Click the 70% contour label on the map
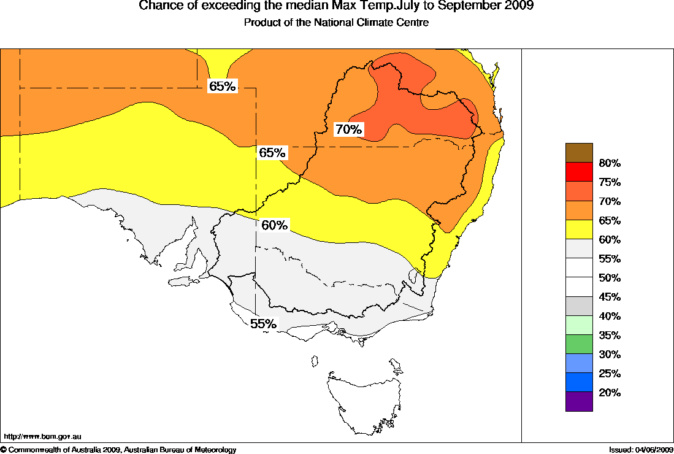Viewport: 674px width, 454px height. pyautogui.click(x=349, y=129)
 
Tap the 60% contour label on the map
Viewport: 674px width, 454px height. pyautogui.click(x=274, y=225)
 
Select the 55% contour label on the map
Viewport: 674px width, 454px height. pyautogui.click(x=263, y=323)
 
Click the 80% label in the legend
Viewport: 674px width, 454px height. pyautogui.click(x=610, y=163)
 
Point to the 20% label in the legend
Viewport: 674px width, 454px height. pyautogui.click(x=610, y=393)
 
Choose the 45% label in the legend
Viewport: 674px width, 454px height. pyautogui.click(x=610, y=297)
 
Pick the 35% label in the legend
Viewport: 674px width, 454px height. pyautogui.click(x=610, y=336)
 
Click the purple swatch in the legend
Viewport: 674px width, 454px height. pyautogui.click(x=579, y=401)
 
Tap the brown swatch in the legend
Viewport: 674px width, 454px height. pyautogui.click(x=579, y=153)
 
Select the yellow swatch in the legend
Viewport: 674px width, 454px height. pyautogui.click(x=579, y=229)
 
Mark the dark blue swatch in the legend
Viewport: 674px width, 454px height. pyautogui.click(x=579, y=382)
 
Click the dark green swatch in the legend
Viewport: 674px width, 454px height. pyautogui.click(x=579, y=344)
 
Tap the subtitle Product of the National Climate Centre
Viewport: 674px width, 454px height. pyautogui.click(x=336, y=23)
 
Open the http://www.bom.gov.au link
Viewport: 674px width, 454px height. pyautogui.click(x=42, y=437)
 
